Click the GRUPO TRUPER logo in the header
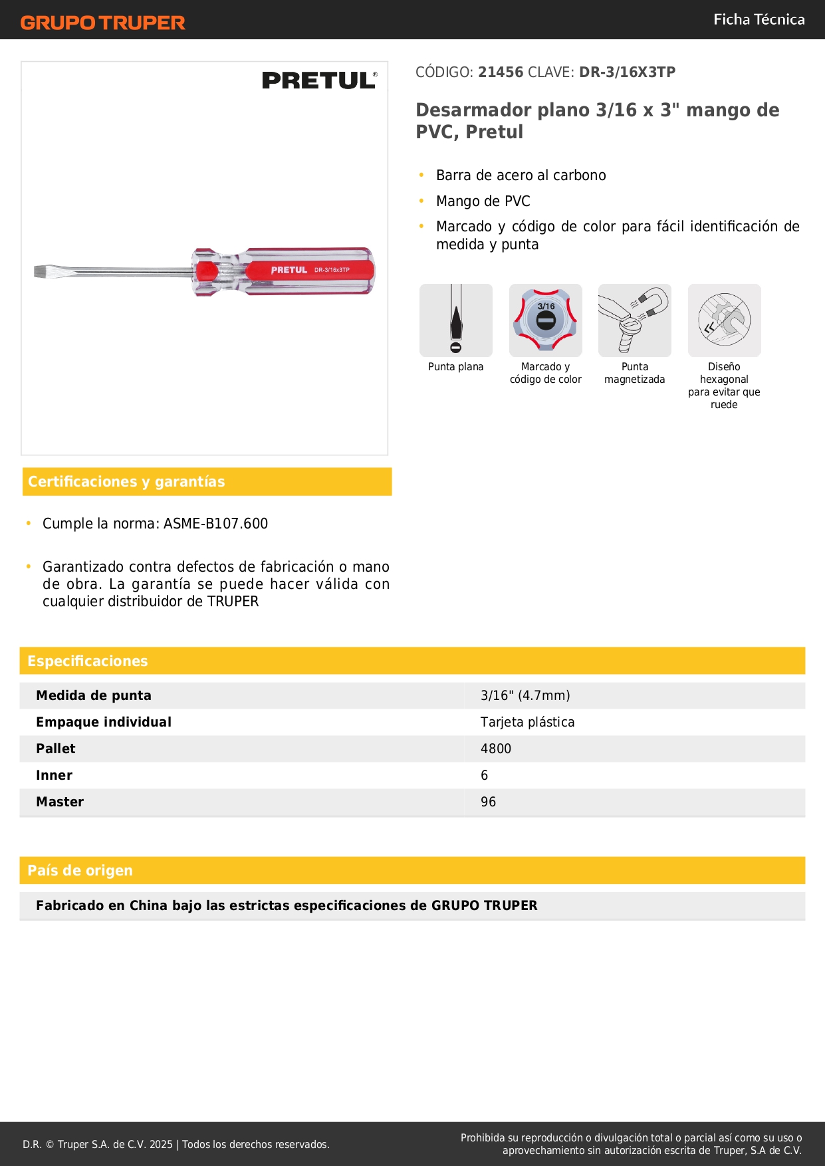click(x=102, y=23)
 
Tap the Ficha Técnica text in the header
click(x=759, y=19)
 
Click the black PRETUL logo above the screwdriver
click(x=319, y=80)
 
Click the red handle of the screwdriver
click(x=312, y=271)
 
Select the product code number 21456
click(x=501, y=72)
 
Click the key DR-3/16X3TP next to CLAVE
click(x=627, y=72)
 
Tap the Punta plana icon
click(x=456, y=320)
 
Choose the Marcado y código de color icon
click(x=545, y=320)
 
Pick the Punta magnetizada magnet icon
click(x=634, y=320)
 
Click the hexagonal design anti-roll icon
click(x=724, y=320)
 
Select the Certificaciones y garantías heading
click(x=126, y=481)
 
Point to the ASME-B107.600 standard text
click(x=215, y=524)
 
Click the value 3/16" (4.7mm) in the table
click(x=525, y=695)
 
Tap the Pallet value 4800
click(x=496, y=749)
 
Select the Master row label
click(x=60, y=802)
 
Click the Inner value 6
click(x=485, y=775)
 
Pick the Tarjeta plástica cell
click(x=527, y=722)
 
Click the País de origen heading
click(x=80, y=870)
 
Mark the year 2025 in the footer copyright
click(x=161, y=1144)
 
